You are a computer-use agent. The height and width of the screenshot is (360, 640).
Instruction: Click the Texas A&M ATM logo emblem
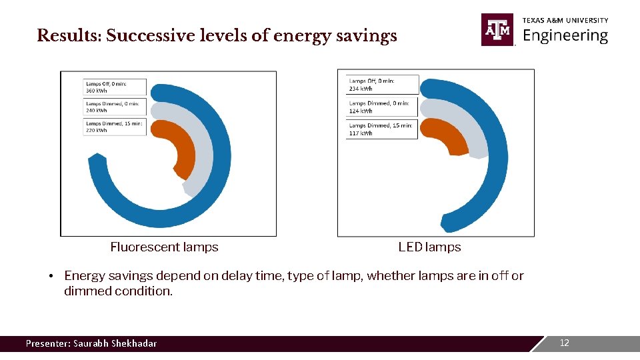coord(497,30)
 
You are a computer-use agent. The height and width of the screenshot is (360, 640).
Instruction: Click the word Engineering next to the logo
coord(565,36)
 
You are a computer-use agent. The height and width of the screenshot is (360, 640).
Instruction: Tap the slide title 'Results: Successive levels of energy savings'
coord(217,36)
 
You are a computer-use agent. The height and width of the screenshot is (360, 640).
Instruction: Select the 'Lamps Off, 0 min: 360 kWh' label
coord(115,87)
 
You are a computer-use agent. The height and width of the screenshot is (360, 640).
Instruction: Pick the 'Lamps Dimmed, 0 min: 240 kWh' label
coord(115,107)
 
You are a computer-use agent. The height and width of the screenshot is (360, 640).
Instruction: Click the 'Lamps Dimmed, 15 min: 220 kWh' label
coord(115,127)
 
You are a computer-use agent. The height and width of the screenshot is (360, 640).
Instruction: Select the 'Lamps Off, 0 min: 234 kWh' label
coord(382,85)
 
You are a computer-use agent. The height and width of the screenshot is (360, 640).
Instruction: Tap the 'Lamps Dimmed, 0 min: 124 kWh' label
coord(382,107)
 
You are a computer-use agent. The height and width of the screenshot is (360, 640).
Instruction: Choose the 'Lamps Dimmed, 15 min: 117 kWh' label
coord(382,129)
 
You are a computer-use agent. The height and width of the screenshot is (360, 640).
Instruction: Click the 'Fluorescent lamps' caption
coord(164,247)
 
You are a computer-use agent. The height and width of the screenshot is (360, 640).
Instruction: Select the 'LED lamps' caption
coord(429,247)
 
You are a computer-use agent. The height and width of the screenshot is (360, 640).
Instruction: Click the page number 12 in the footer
coord(564,343)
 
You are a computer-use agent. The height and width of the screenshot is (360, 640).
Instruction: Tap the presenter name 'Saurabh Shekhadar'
coord(115,344)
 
